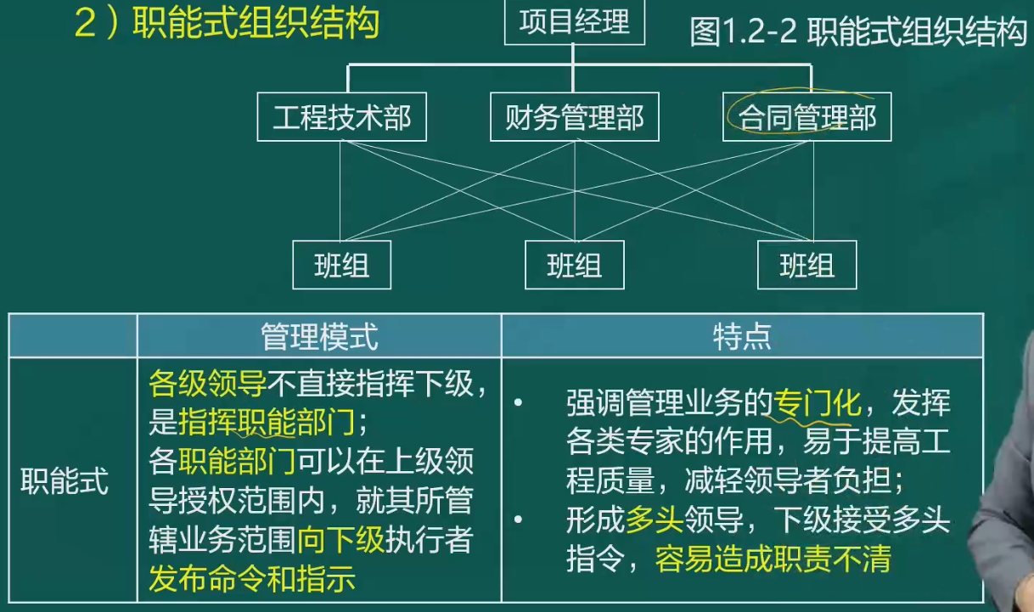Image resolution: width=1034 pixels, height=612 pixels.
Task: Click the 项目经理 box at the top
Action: click(574, 22)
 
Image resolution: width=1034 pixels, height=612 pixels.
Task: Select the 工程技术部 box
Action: click(341, 117)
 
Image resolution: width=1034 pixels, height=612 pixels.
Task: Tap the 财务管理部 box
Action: click(574, 117)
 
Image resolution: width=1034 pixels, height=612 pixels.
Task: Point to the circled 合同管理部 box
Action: click(806, 117)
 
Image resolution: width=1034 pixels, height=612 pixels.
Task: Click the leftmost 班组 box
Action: click(341, 265)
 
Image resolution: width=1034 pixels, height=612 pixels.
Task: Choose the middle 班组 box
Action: click(574, 265)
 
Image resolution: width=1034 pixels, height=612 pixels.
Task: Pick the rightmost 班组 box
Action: click(806, 265)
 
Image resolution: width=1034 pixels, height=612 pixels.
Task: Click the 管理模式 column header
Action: click(319, 336)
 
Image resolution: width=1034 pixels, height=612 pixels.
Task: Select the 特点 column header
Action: click(742, 336)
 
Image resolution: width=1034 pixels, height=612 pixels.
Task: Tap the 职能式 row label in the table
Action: click(65, 481)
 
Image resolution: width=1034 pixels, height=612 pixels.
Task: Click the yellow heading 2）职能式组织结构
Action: click(227, 23)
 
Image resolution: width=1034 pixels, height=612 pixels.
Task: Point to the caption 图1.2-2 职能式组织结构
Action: click(858, 32)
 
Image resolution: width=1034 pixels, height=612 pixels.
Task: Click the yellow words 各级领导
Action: click(207, 383)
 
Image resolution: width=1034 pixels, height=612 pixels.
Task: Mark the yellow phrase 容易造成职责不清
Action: click(773, 559)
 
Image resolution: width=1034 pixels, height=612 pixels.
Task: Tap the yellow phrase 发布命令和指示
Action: click(252, 579)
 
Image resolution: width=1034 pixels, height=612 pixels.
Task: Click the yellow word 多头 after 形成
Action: click(655, 519)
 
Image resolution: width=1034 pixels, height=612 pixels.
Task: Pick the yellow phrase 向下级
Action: click(340, 540)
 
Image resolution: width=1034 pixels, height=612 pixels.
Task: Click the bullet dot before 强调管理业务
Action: click(519, 402)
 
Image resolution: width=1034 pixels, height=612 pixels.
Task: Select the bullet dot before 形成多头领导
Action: click(519, 519)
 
